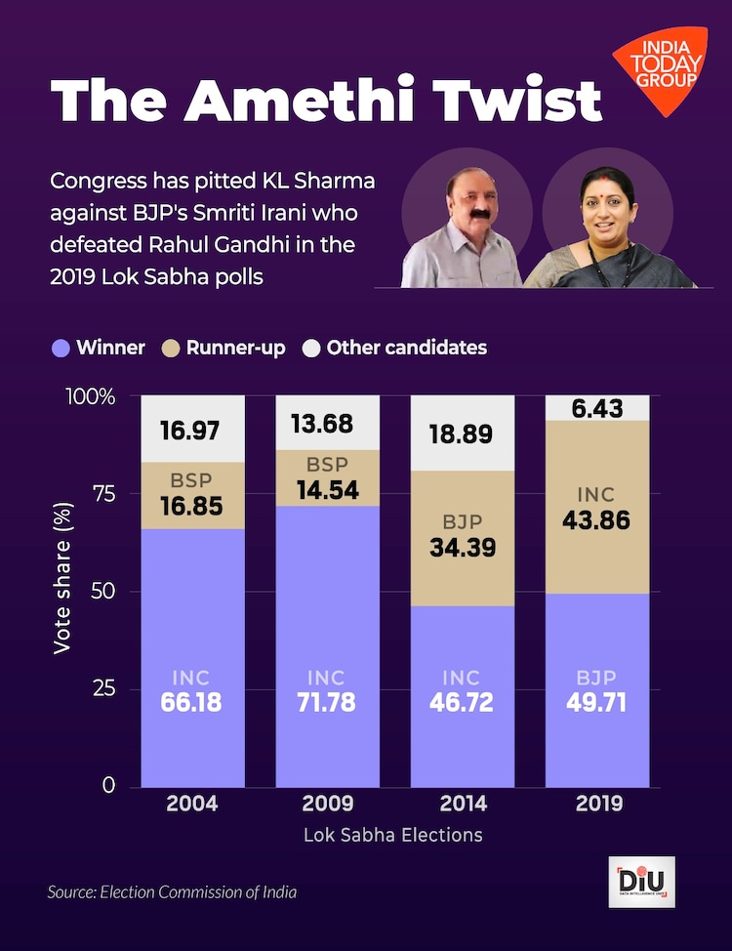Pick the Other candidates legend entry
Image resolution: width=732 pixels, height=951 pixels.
[x=394, y=348]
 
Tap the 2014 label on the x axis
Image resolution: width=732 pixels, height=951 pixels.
[x=462, y=805]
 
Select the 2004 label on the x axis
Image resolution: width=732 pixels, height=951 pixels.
[x=192, y=805]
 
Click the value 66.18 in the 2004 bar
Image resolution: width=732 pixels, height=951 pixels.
[x=192, y=702]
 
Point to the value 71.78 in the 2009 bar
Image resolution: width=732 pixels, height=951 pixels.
[x=327, y=702]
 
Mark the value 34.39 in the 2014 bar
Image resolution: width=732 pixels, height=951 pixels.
[x=462, y=548]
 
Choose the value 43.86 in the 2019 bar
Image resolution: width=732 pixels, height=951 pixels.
[x=596, y=520]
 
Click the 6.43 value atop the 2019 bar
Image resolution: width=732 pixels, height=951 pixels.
[x=596, y=409]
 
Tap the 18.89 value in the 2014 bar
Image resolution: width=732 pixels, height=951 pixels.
[x=462, y=434]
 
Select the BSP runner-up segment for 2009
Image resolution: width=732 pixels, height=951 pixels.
[x=327, y=478]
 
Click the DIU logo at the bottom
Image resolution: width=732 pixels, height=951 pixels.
[x=641, y=882]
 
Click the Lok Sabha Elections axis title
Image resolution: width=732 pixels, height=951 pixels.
[x=393, y=835]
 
